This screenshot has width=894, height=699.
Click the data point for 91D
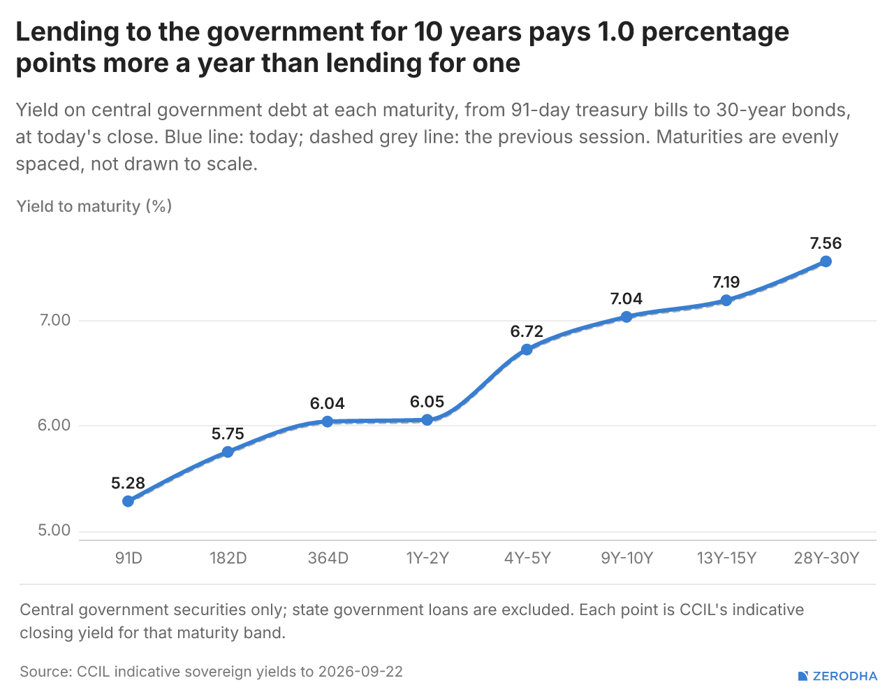pyautogui.click(x=128, y=501)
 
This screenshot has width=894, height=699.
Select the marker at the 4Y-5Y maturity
pyautogui.click(x=527, y=349)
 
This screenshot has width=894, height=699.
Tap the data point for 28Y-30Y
pyautogui.click(x=826, y=261)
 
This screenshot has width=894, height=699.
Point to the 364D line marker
pyautogui.click(x=327, y=421)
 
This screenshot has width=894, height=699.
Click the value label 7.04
pyautogui.click(x=626, y=298)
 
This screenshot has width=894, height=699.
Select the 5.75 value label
pyautogui.click(x=228, y=433)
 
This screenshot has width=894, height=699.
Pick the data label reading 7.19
pyautogui.click(x=726, y=282)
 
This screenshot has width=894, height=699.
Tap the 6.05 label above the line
pyautogui.click(x=427, y=401)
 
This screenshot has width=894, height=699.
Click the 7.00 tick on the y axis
pyautogui.click(x=55, y=320)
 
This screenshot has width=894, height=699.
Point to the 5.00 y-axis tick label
pyautogui.click(x=54, y=531)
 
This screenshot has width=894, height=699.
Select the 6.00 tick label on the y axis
pyautogui.click(x=54, y=425)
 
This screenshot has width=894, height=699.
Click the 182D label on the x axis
pyautogui.click(x=228, y=559)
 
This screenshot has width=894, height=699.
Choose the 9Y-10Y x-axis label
pyautogui.click(x=626, y=559)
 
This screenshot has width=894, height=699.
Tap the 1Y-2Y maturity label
pyautogui.click(x=427, y=559)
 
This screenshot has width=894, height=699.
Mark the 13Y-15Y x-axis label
pyautogui.click(x=726, y=559)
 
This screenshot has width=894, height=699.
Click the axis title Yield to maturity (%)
pyautogui.click(x=94, y=206)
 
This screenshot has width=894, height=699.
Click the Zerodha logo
pyautogui.click(x=838, y=676)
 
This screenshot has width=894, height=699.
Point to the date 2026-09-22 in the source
pyautogui.click(x=360, y=672)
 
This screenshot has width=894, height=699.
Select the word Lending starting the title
pyautogui.click(x=68, y=33)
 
